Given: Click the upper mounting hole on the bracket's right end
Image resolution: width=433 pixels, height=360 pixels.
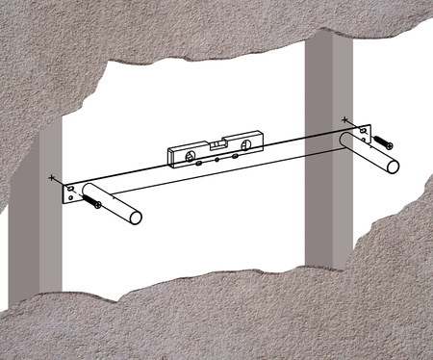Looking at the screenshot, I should (x=362, y=130).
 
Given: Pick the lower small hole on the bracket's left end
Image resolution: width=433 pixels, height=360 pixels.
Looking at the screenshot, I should (x=69, y=199).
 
